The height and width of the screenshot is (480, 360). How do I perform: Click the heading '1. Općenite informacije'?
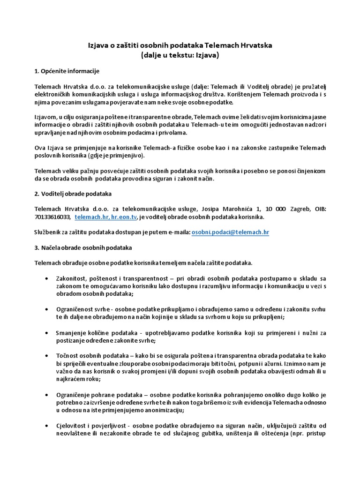click(x=67, y=71)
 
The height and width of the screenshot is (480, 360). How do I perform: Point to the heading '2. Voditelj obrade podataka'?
click(x=73, y=194)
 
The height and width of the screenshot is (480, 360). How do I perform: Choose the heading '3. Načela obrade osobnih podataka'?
click(x=83, y=247)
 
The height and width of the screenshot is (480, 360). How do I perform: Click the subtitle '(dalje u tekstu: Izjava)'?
click(x=180, y=55)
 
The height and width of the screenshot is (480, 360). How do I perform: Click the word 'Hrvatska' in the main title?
click(x=255, y=45)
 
